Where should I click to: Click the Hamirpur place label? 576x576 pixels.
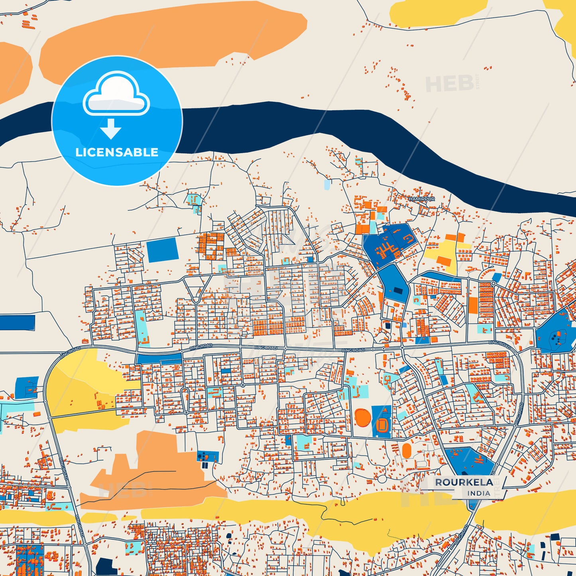coord(421,199)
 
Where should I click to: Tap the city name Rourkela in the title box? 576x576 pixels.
coord(464,482)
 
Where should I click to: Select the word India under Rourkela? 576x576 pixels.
coord(478,493)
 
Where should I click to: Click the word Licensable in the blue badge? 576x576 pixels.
coord(117,152)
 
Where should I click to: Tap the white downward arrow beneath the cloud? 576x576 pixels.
coord(110,129)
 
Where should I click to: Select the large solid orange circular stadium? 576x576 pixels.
coord(362,417)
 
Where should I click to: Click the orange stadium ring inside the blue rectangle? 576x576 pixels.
coord(381,424)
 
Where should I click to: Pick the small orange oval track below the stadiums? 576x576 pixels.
coord(407,451)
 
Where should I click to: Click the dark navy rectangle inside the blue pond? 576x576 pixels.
coord(398,291)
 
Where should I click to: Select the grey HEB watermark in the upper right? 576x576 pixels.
coord(450,83)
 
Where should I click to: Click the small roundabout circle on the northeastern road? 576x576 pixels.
coord(493,283)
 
